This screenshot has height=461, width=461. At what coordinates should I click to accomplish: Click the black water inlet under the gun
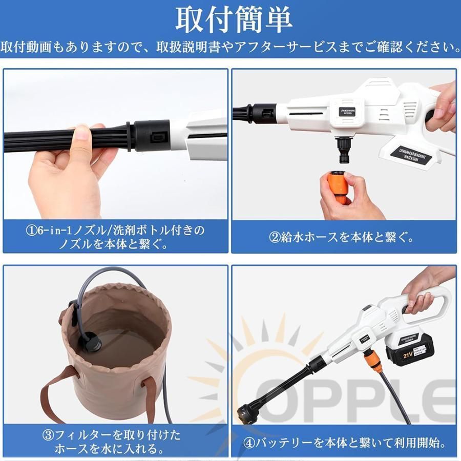pos(340,149)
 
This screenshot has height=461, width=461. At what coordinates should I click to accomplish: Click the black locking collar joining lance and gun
pos(152,136)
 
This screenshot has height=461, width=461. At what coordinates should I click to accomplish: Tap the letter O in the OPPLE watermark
pos(275,399)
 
